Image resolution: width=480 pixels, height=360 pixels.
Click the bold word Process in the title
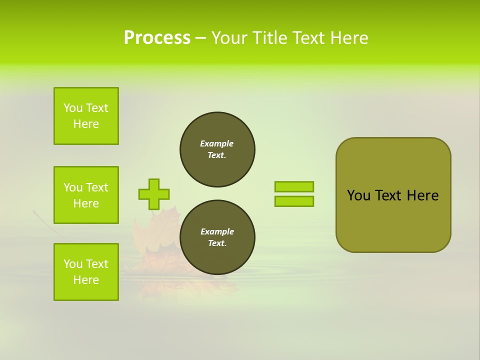[x=157, y=38]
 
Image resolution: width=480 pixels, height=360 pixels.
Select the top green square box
[x=86, y=116]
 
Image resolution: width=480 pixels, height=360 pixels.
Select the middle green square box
[x=86, y=195]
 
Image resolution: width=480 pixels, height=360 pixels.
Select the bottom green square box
[x=86, y=272]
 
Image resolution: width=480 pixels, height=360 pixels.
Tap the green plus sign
[x=154, y=194]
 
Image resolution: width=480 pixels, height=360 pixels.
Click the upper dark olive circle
[x=217, y=149]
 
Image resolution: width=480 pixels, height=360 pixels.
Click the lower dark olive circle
[x=217, y=237]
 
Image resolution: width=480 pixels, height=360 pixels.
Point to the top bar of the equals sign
[x=294, y=186]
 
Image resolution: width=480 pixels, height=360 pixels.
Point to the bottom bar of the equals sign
[x=294, y=201]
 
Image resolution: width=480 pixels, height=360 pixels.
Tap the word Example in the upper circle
[x=217, y=143]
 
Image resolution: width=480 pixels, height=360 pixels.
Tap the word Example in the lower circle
[x=217, y=231]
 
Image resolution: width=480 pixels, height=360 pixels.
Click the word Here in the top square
[x=86, y=124]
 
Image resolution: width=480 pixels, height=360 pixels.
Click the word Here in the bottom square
[x=86, y=280]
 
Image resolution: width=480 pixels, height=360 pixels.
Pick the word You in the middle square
[x=73, y=187]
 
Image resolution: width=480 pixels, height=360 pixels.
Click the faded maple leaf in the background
[x=152, y=235]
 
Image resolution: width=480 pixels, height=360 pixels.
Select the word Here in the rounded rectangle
[x=422, y=195]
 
